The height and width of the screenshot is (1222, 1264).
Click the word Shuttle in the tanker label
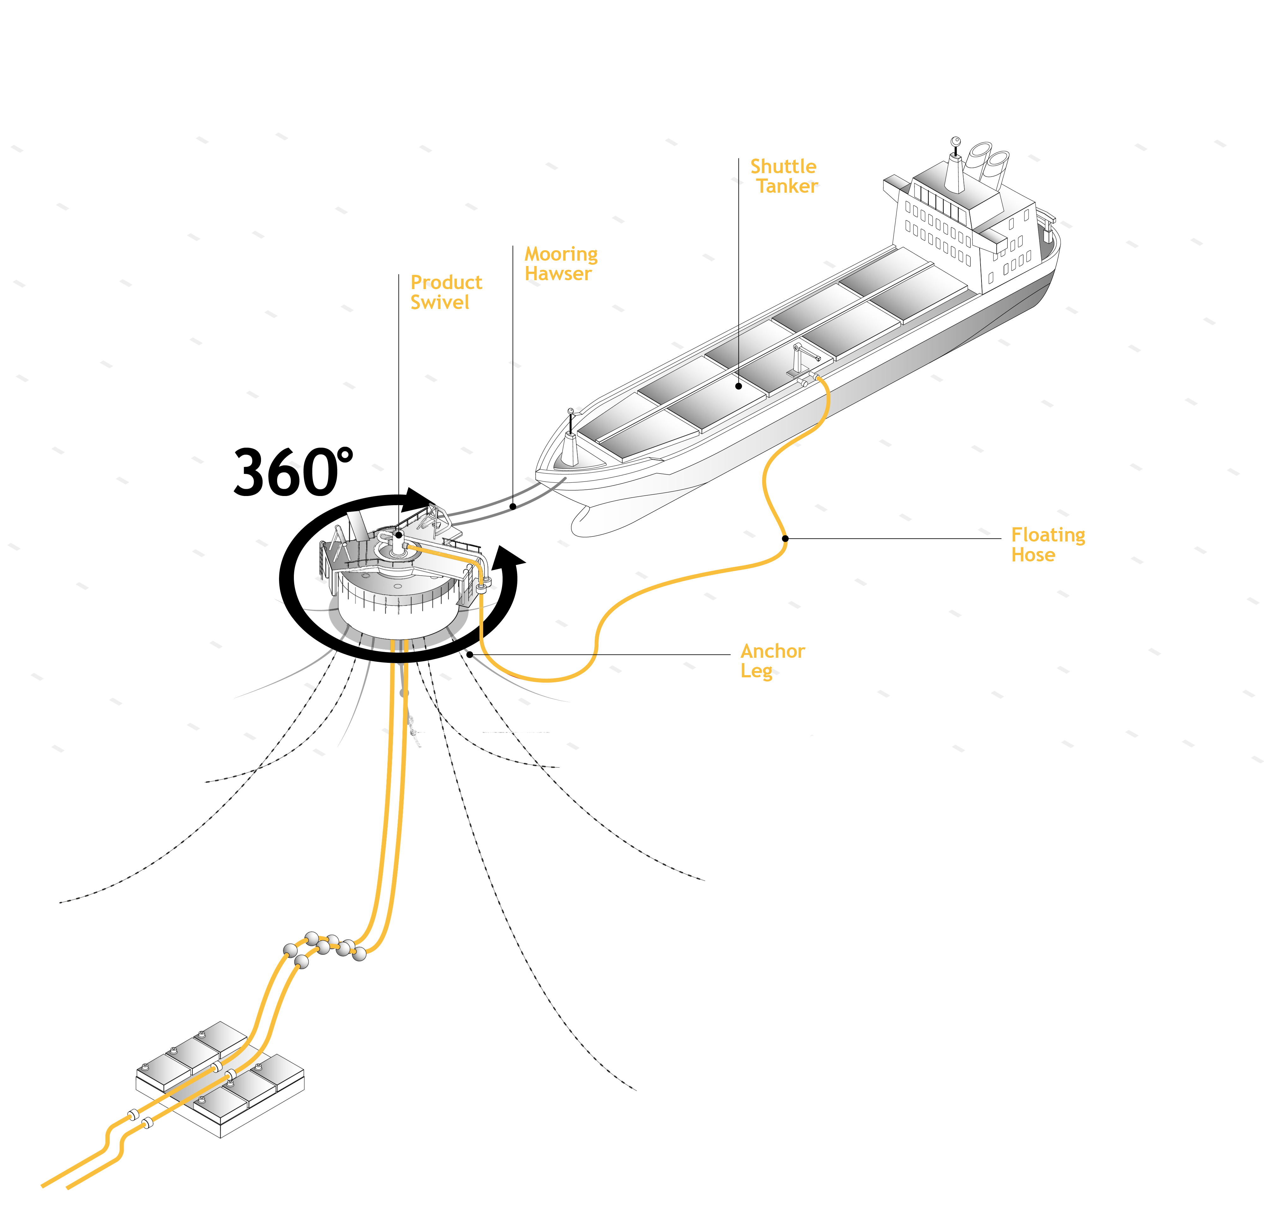(783, 166)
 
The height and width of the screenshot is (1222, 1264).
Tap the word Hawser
(558, 274)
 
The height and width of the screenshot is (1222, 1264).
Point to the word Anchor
(773, 651)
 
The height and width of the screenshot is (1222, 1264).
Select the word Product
(446, 282)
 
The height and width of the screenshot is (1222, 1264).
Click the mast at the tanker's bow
(570, 432)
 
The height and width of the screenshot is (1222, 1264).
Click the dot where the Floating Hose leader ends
(785, 538)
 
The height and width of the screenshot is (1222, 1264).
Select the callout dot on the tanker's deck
(738, 386)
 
